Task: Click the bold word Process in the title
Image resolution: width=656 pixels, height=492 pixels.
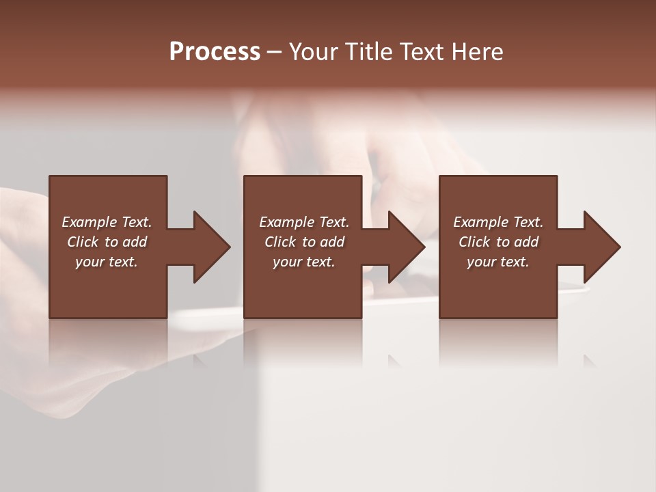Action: coord(215,52)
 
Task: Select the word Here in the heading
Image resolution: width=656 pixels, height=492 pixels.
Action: coord(478,52)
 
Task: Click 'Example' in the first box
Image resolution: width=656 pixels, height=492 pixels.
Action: coord(90,222)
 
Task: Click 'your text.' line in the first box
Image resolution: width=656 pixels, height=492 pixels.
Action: coord(107,262)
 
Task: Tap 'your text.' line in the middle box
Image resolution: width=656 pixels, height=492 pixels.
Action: coord(304,262)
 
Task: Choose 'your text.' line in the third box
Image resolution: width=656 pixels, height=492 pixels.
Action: coord(498,262)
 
